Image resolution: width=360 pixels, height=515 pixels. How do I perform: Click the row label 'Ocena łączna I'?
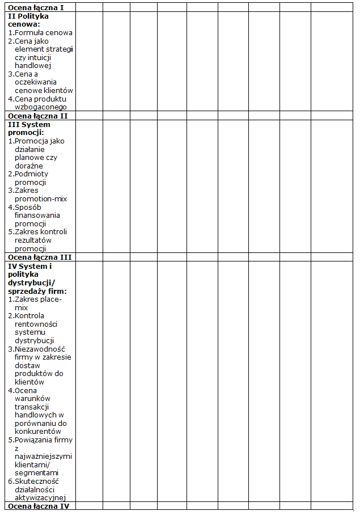tap(36, 7)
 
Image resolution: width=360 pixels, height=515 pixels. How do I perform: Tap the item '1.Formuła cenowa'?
tap(40, 33)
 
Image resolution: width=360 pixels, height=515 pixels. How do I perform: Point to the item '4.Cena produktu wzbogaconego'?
tap(40, 103)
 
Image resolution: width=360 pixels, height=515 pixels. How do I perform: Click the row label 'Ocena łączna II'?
tap(38, 116)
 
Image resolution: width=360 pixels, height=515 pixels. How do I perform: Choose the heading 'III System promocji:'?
tap(29, 128)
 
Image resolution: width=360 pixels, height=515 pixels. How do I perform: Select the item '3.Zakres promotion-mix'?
tap(39, 195)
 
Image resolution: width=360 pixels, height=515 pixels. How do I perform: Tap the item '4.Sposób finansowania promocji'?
tap(37, 215)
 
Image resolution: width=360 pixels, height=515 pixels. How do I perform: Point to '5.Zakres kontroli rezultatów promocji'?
tap(39, 240)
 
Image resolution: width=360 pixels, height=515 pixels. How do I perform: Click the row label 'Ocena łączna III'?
tap(40, 257)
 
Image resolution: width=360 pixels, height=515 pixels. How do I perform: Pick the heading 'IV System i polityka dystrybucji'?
tap(34, 278)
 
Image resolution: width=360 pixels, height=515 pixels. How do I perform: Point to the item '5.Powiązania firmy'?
tap(40, 456)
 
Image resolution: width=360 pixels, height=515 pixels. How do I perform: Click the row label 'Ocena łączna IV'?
tap(39, 505)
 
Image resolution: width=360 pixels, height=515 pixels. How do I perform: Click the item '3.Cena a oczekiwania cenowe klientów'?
tap(40, 82)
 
